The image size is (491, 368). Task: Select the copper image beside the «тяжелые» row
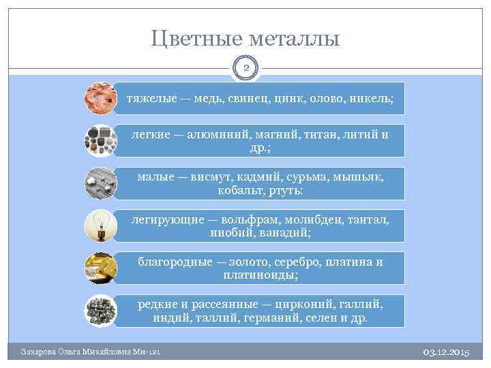coord(100,98)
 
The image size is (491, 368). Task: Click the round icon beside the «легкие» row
coord(100,140)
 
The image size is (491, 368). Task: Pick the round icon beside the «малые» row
coord(100,183)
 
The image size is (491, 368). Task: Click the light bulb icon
coord(100,226)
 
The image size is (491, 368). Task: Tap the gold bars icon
coord(100,268)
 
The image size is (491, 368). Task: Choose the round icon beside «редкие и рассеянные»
coord(100,311)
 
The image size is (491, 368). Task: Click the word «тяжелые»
coord(149,99)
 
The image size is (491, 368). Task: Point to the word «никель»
coord(373,99)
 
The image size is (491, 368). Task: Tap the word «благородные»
coord(174,262)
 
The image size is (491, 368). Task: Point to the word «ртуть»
coord(287,191)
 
